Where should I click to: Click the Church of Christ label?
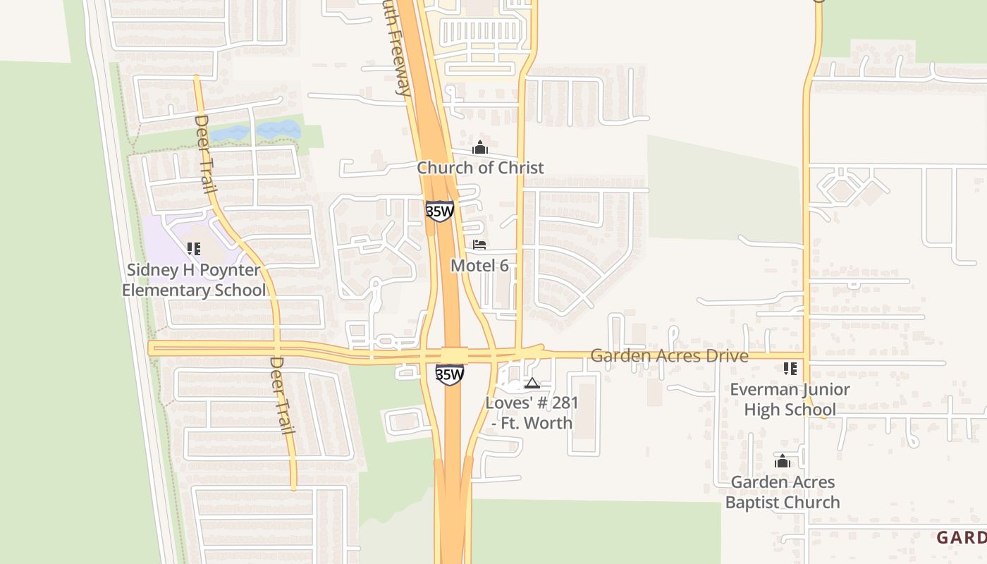(x=480, y=168)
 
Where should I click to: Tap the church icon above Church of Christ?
(x=480, y=148)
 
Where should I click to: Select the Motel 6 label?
(x=479, y=266)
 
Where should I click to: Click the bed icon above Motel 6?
(x=479, y=245)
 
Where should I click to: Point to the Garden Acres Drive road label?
(x=669, y=356)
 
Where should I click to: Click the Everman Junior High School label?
(x=790, y=400)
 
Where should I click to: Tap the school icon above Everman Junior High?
(x=790, y=369)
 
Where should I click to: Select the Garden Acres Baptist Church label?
(x=783, y=492)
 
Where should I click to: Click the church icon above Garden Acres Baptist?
(x=782, y=462)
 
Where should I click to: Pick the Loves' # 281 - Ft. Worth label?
(x=532, y=413)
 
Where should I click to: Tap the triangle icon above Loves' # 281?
(x=532, y=383)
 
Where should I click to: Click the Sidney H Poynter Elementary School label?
(x=194, y=280)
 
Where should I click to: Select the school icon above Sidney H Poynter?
(x=194, y=249)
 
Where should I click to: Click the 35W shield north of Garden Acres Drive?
(x=439, y=211)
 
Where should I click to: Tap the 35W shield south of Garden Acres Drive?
(x=449, y=374)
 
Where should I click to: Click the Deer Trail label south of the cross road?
(x=281, y=396)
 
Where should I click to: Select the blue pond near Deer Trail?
(x=257, y=132)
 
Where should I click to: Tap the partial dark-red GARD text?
(x=961, y=538)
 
